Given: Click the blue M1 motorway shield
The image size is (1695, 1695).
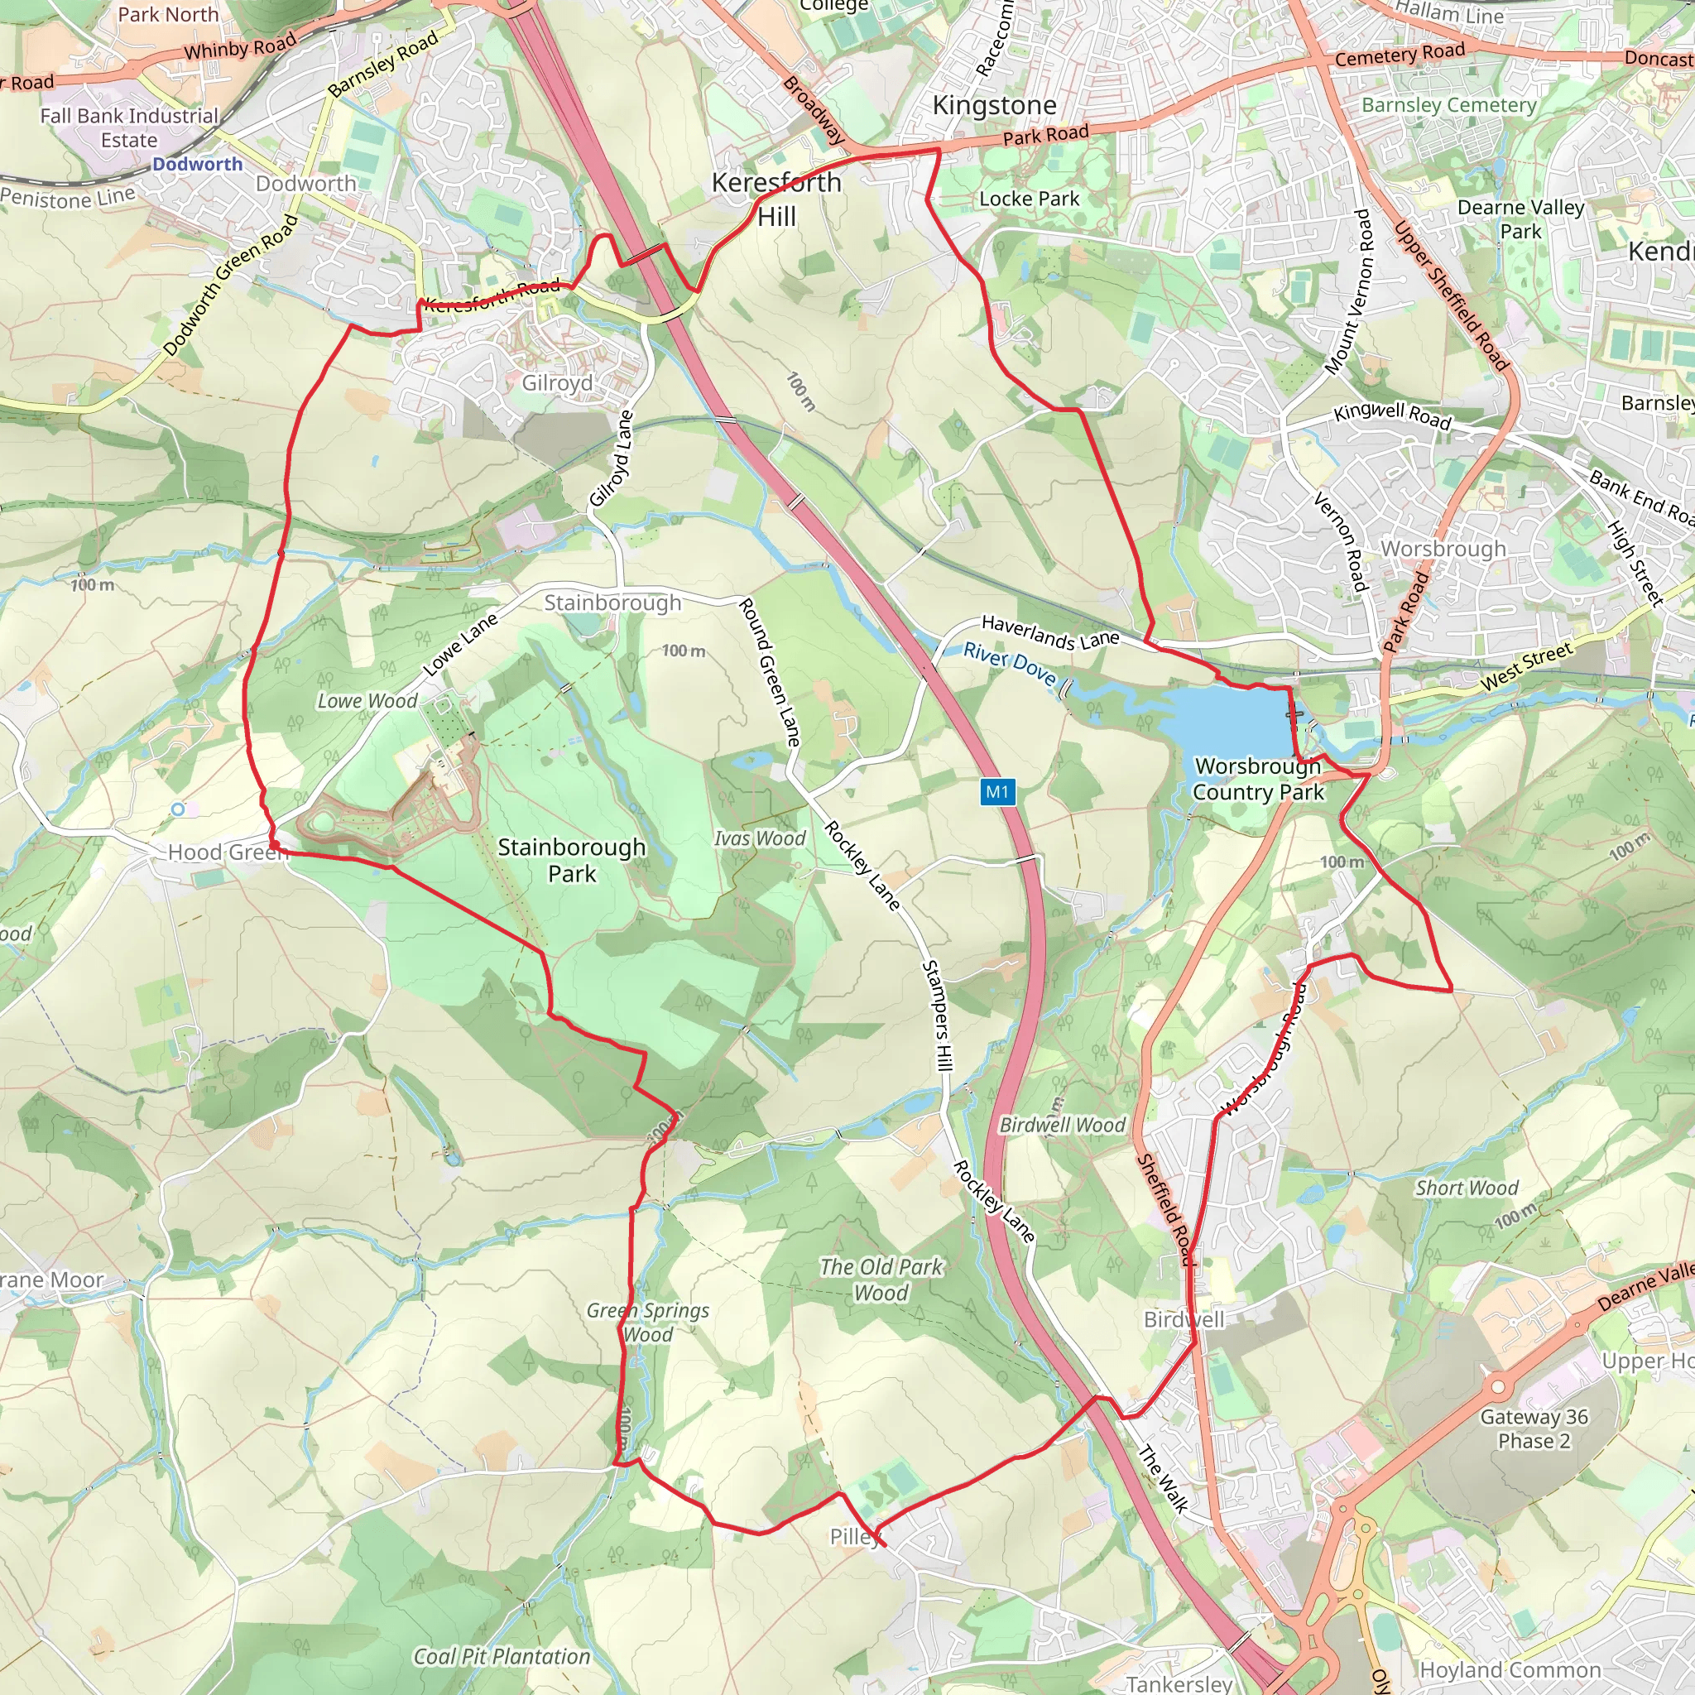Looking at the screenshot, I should [x=996, y=792].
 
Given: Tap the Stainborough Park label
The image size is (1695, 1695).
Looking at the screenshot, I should [x=572, y=861].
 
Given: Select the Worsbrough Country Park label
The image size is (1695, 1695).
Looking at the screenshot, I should [x=1257, y=779].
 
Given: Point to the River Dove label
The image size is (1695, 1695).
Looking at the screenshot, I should [x=1010, y=663].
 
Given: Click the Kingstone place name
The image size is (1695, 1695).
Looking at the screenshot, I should [x=994, y=105].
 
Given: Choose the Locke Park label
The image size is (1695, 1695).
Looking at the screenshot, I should [x=1029, y=199].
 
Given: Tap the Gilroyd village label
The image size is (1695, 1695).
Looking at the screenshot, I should [x=557, y=383].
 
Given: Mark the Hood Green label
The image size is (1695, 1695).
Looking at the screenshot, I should [x=228, y=852].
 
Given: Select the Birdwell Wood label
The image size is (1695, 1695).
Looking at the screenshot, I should [x=1063, y=1125].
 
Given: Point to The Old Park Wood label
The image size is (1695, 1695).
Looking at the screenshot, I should [x=881, y=1280].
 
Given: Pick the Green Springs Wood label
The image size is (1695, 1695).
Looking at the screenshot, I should [x=648, y=1322].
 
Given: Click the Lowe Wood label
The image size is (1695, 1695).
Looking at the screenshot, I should [x=367, y=701].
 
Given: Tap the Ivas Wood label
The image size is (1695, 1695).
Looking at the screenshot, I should [x=759, y=838].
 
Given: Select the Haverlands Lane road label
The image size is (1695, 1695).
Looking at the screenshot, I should [x=1050, y=632].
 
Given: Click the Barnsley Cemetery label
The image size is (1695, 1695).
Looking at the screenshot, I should [x=1448, y=105].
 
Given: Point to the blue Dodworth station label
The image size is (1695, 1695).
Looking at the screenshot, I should [x=198, y=164].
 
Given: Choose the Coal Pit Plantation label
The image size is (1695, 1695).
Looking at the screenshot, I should [x=502, y=1656].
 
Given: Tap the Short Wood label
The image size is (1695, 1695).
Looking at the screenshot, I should [x=1466, y=1188].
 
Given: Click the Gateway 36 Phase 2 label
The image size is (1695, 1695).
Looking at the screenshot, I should [x=1534, y=1429].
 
